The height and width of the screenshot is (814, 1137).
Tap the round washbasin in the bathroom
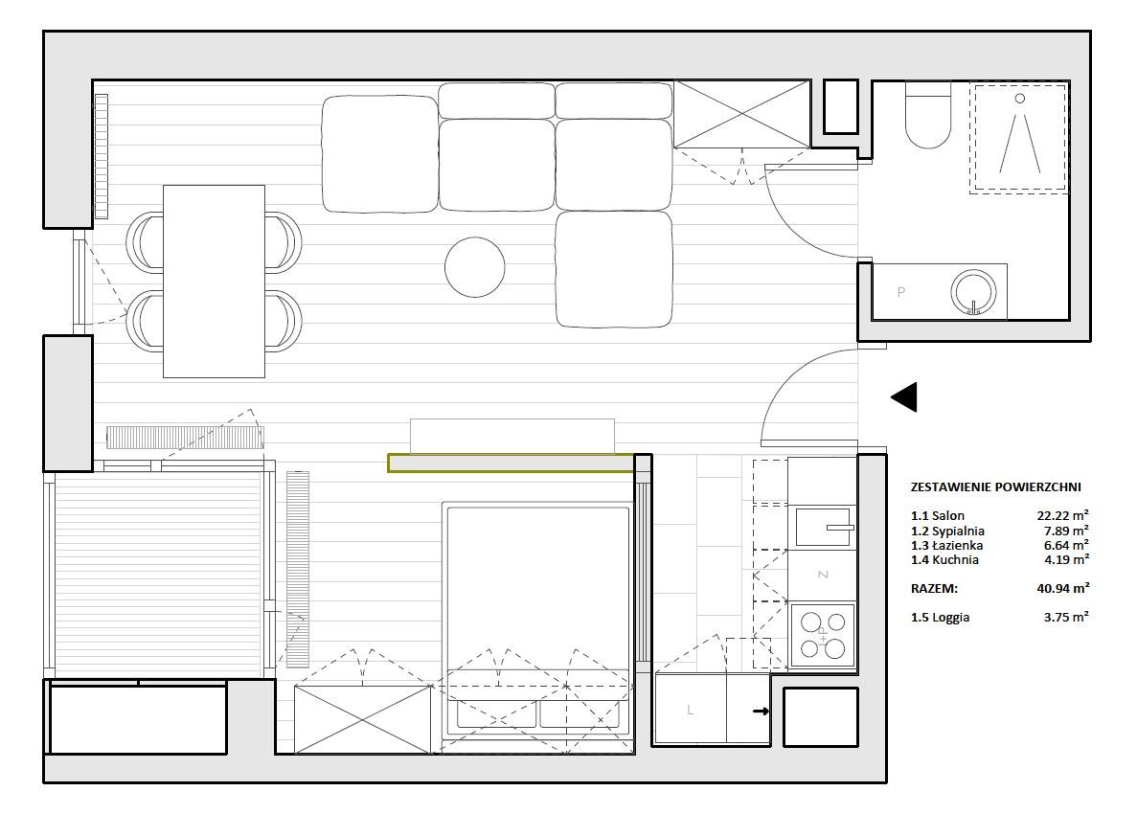[973, 292]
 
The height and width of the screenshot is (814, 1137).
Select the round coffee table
[474, 267]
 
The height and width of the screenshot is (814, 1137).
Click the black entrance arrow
[904, 397]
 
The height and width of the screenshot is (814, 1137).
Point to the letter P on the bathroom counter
[900, 292]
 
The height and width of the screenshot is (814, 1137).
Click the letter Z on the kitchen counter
[822, 575]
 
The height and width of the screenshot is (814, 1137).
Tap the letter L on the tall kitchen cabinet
[690, 711]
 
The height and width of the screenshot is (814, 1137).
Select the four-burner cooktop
[822, 635]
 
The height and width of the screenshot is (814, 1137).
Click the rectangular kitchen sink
[823, 527]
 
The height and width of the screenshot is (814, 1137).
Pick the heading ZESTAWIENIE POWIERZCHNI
[995, 487]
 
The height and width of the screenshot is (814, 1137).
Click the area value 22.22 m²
[1062, 516]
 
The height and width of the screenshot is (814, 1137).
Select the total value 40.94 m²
[1062, 589]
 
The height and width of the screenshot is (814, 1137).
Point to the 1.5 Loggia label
[940, 619]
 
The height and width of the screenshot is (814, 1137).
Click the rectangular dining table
[214, 282]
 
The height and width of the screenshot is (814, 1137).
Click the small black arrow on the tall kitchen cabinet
[761, 712]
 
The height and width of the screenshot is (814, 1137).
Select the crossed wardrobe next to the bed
[363, 720]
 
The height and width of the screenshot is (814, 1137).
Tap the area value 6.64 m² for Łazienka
[1065, 545]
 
